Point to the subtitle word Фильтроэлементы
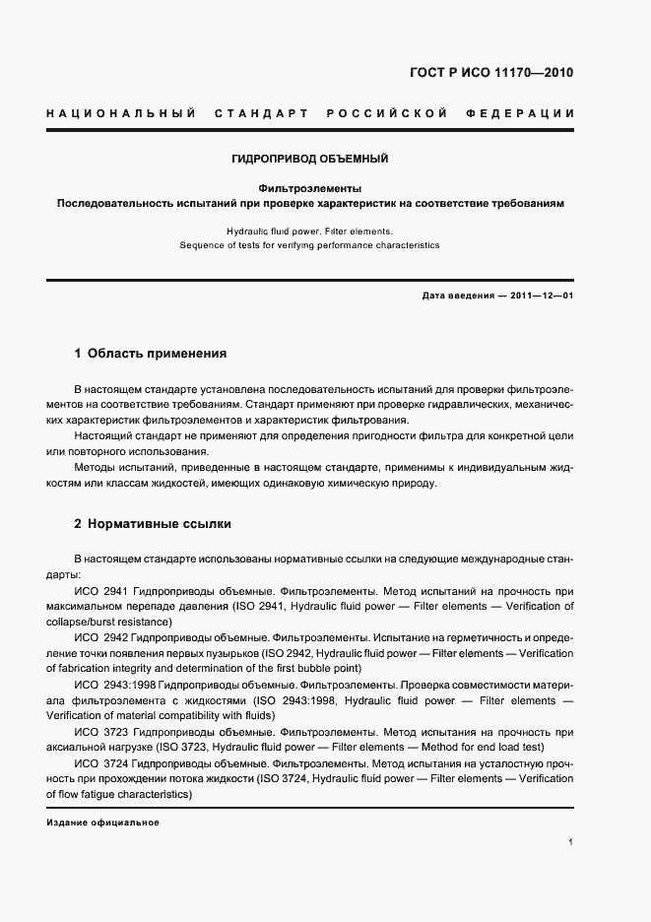click(x=310, y=187)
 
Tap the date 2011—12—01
click(x=542, y=296)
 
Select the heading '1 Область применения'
click(x=151, y=353)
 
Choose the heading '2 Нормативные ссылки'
click(x=153, y=524)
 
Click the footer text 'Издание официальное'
click(x=102, y=822)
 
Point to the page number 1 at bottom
click(x=571, y=842)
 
